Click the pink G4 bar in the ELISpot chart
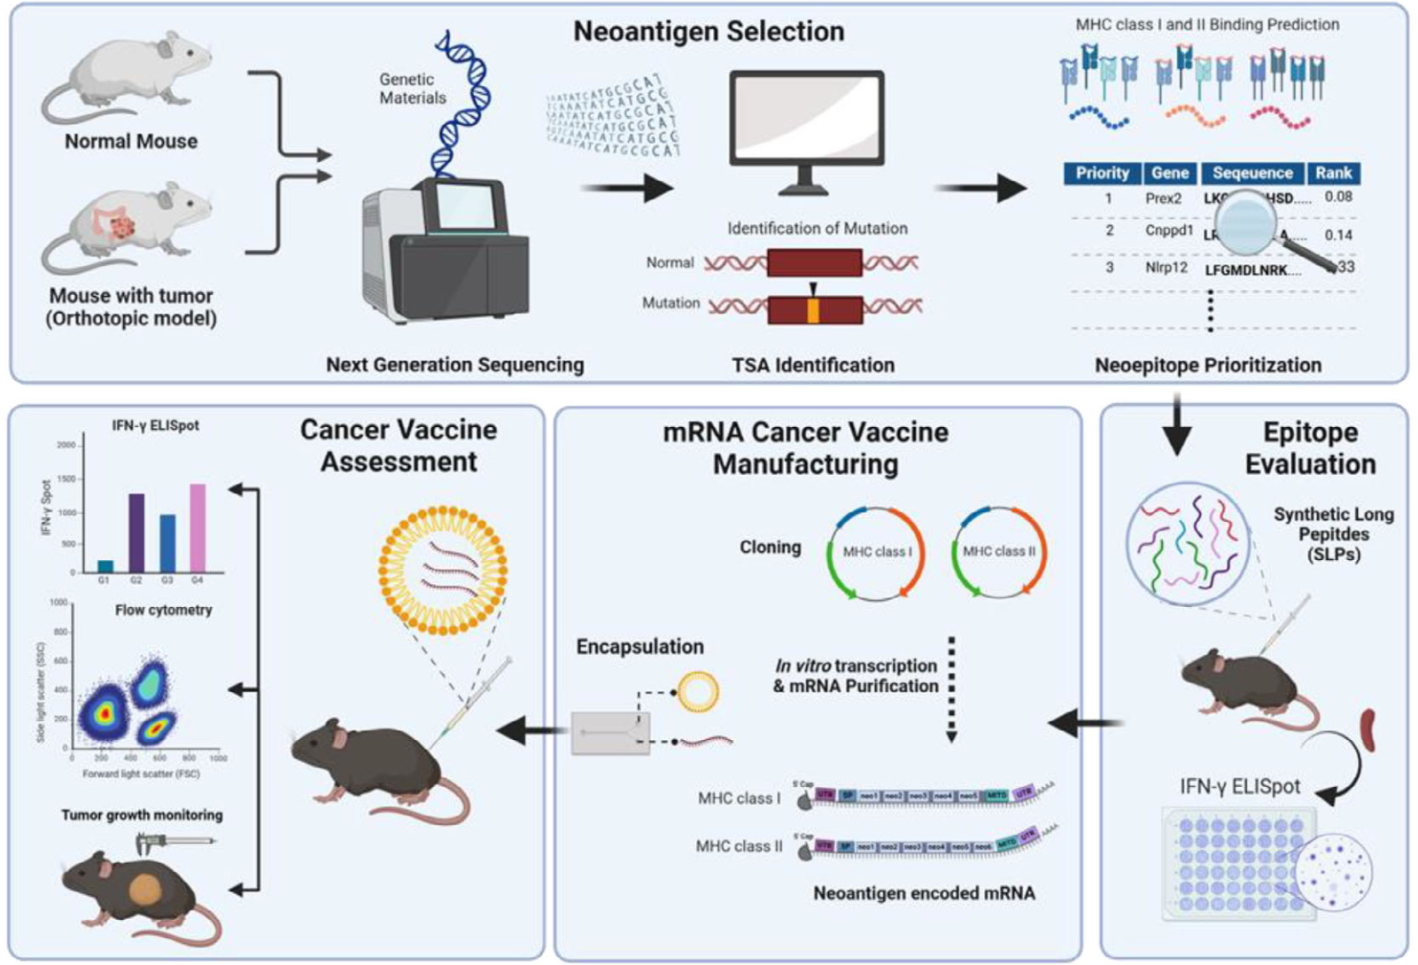pyautogui.click(x=198, y=528)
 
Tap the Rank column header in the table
pyautogui.click(x=1333, y=173)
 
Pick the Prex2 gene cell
pyautogui.click(x=1163, y=198)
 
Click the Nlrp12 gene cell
pyautogui.click(x=1166, y=268)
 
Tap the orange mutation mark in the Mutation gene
pyautogui.click(x=813, y=310)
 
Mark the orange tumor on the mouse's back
pyautogui.click(x=152, y=891)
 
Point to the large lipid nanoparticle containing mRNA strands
pyautogui.click(x=443, y=570)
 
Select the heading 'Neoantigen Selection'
pyautogui.click(x=709, y=32)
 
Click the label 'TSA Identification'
pyautogui.click(x=813, y=365)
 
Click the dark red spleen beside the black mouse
pyautogui.click(x=1368, y=728)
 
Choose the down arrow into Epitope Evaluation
pyautogui.click(x=1176, y=426)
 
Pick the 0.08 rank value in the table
pyautogui.click(x=1338, y=197)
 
